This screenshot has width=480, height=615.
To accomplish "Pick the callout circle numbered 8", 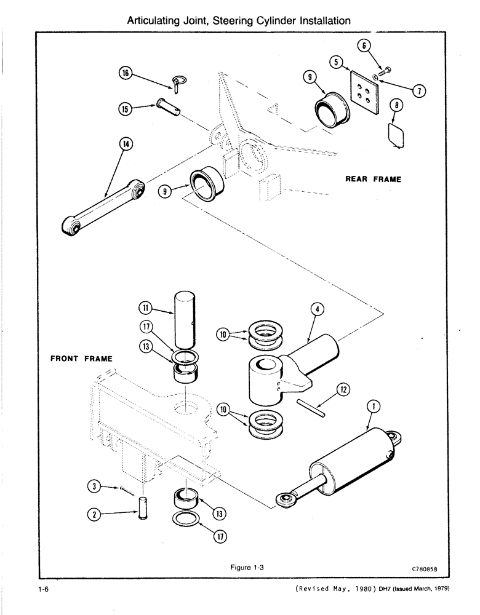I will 398,106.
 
